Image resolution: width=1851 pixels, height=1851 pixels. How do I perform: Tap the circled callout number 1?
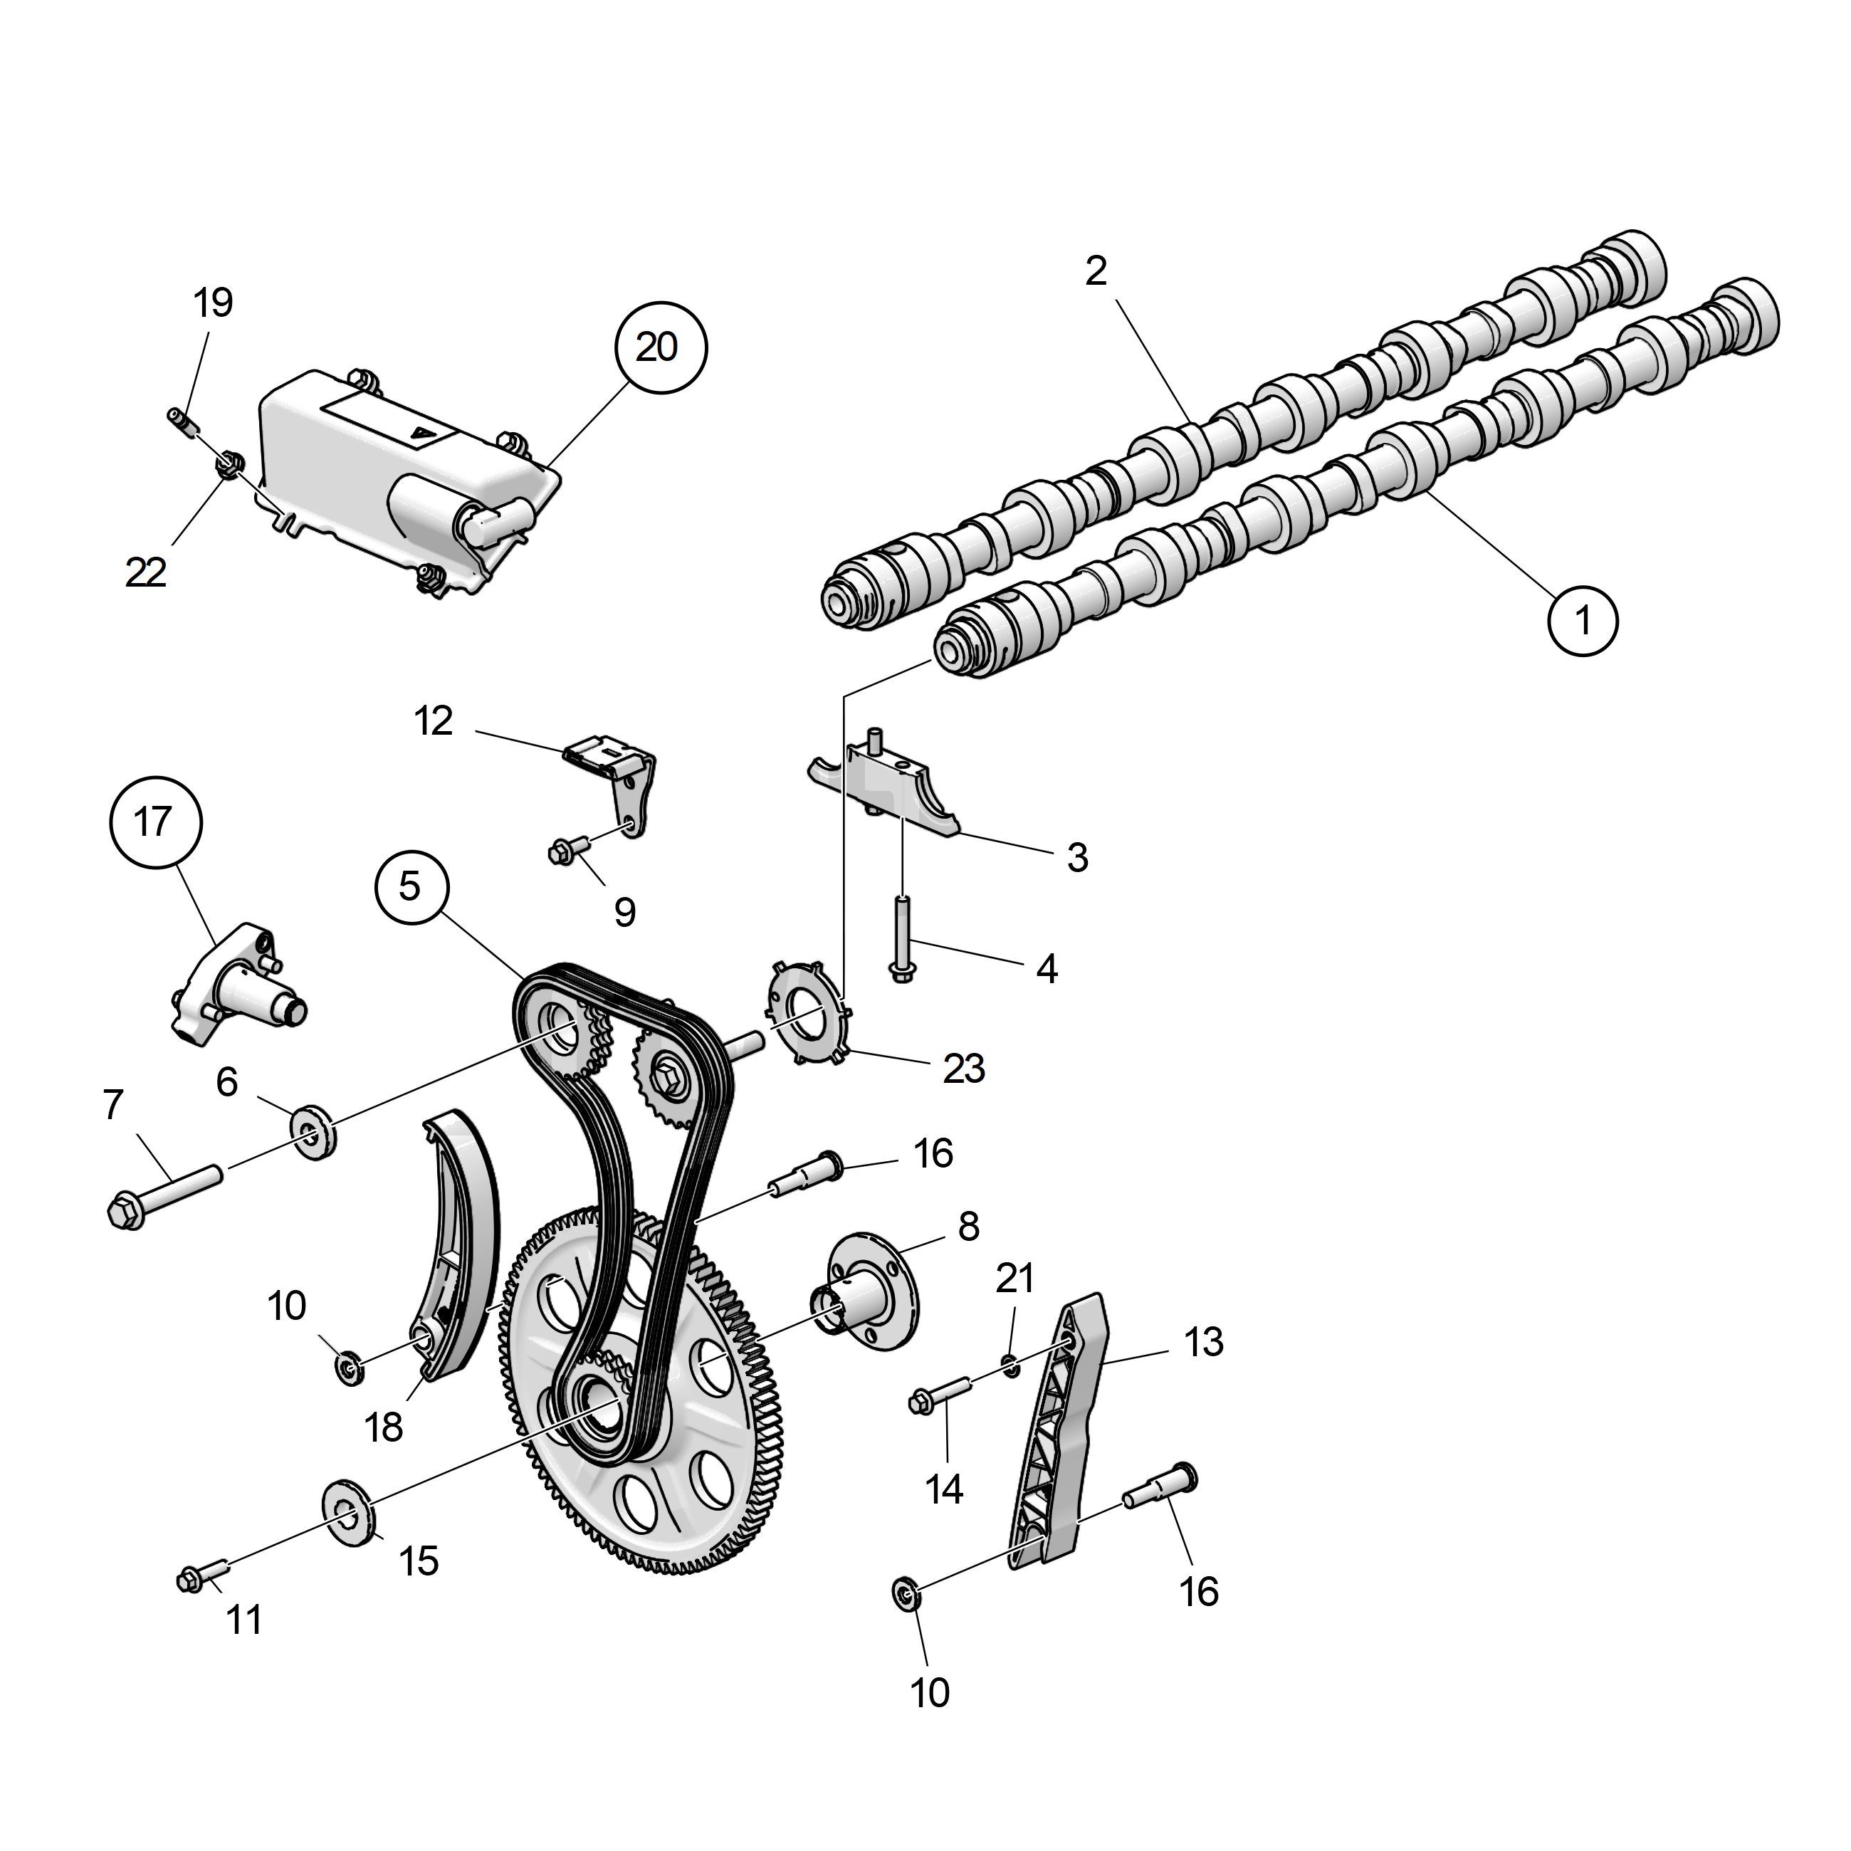point(1583,621)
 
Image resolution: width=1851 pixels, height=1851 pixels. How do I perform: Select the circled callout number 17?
point(154,822)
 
